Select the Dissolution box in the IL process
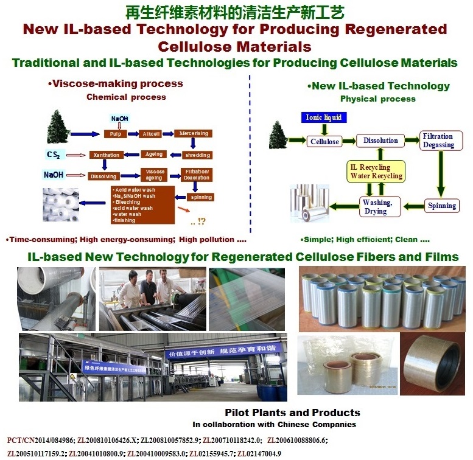tap(380, 141)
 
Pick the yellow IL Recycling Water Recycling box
tap(376, 171)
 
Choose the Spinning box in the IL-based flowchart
tap(441, 206)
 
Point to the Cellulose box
tap(324, 142)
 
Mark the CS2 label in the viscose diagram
tap(53, 154)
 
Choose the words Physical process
tap(377, 99)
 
